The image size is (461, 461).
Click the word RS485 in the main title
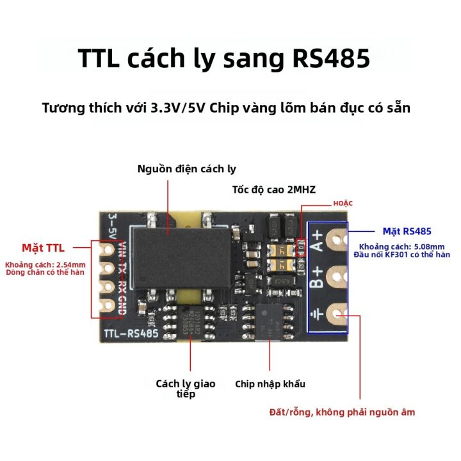[x=331, y=60]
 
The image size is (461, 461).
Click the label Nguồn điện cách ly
[x=187, y=169]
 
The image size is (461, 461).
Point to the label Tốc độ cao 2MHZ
[x=274, y=190]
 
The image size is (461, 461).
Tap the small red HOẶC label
[x=343, y=203]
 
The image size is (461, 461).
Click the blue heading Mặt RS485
[x=407, y=231]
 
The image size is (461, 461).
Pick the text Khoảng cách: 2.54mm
[x=45, y=264]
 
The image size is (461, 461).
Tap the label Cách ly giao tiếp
[x=186, y=389]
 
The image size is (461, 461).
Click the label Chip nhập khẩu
[x=270, y=384]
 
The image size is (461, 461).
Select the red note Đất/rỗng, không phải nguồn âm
[x=342, y=412]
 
